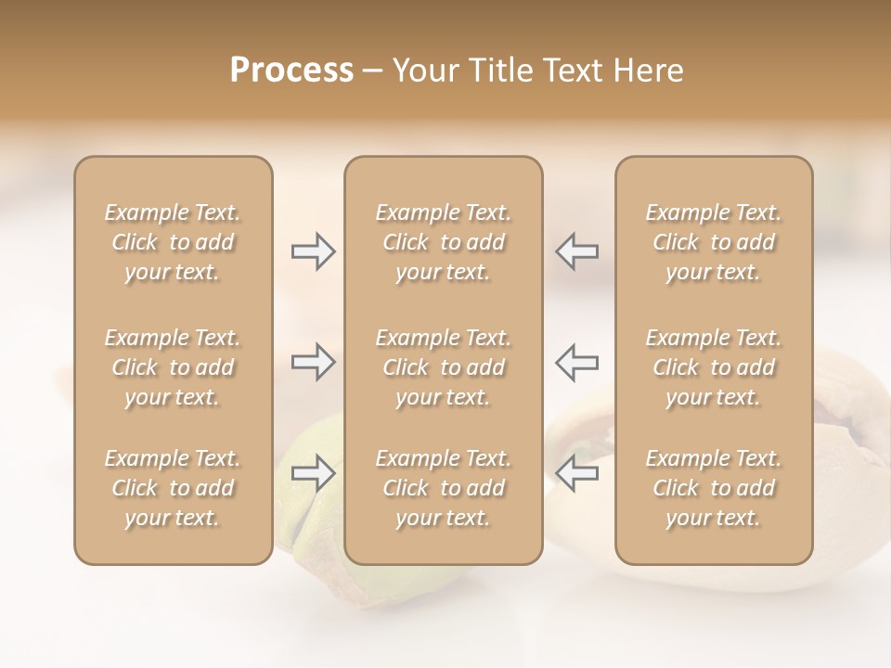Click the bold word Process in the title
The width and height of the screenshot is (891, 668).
click(291, 71)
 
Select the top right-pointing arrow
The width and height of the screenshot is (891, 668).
click(313, 251)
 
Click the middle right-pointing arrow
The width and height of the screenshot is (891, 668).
click(313, 362)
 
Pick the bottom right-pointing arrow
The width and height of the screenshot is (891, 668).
click(313, 474)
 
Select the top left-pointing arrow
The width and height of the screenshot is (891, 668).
click(577, 251)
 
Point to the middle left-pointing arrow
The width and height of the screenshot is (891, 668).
click(577, 362)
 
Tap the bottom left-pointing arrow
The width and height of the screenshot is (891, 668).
click(577, 474)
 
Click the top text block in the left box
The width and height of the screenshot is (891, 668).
click(173, 242)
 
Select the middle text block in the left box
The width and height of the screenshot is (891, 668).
click(173, 367)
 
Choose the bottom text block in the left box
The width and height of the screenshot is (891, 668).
click(173, 488)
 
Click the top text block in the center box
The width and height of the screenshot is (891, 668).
click(443, 242)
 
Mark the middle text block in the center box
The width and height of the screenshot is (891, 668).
click(443, 367)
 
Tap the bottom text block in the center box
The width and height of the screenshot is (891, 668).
click(443, 488)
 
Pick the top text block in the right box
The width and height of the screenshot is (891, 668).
click(714, 242)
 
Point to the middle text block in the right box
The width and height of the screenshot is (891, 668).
click(714, 367)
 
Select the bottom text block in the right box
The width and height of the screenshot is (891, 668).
click(714, 488)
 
